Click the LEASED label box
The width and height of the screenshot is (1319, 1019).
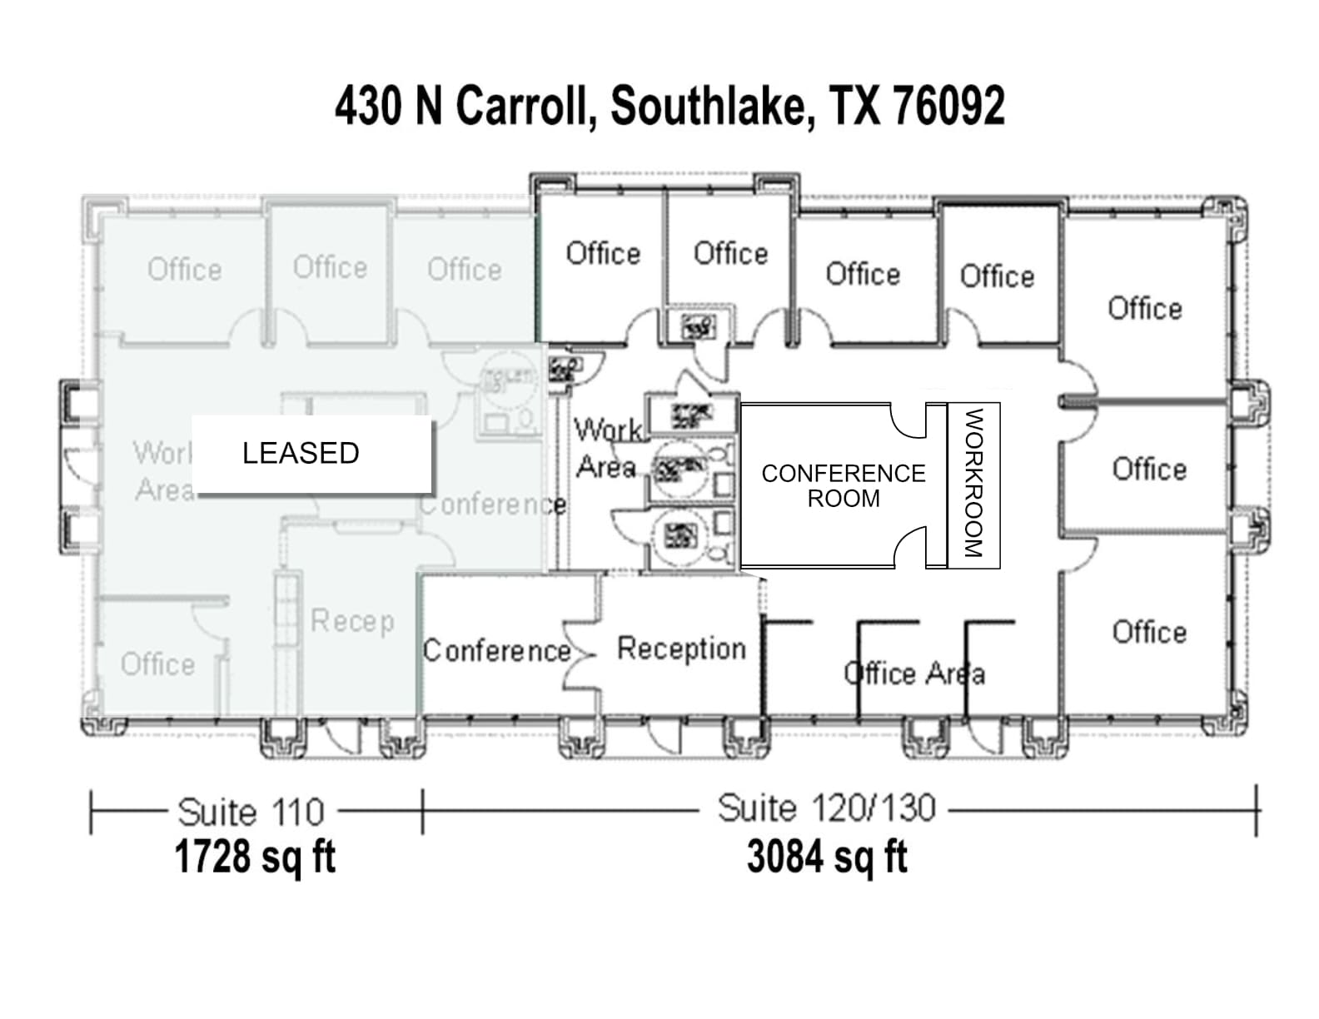click(311, 454)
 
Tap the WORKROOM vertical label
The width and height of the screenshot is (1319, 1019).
click(973, 483)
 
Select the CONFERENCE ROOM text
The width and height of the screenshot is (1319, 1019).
click(843, 485)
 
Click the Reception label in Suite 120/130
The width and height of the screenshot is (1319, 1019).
click(681, 649)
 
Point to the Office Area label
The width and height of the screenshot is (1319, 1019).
click(913, 673)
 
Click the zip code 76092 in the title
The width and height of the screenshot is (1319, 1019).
click(948, 106)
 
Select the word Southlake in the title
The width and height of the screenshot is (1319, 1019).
click(713, 106)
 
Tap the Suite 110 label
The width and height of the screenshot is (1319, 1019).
click(251, 812)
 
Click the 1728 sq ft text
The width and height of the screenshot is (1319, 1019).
click(255, 857)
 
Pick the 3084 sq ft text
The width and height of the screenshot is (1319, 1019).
click(827, 857)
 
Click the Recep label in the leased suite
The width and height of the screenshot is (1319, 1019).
click(352, 621)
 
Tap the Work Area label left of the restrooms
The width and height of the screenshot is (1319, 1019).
click(608, 448)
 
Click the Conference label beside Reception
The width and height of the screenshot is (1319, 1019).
click(496, 650)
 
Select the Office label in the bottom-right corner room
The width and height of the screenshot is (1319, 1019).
click(1149, 632)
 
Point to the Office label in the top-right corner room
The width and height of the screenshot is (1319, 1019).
click(1145, 308)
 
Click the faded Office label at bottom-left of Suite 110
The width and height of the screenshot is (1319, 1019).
click(157, 664)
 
